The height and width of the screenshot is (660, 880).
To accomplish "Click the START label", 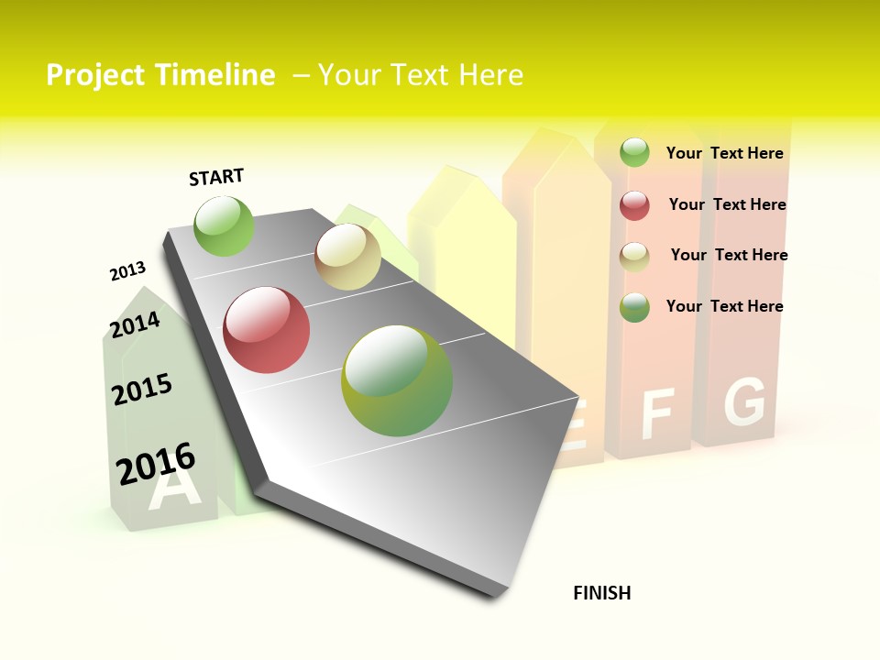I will [x=216, y=177].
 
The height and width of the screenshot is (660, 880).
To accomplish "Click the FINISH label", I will [x=602, y=593].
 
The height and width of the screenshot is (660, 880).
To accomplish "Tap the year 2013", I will [x=127, y=271].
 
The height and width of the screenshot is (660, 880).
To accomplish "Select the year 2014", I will [x=135, y=324].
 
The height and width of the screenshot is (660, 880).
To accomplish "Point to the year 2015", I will [x=142, y=390].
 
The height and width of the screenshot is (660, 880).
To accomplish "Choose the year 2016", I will [x=156, y=463].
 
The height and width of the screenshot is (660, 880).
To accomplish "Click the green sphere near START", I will [x=224, y=225].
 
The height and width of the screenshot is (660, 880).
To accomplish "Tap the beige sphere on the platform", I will [x=347, y=257].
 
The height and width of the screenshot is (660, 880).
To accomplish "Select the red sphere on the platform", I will [x=267, y=330].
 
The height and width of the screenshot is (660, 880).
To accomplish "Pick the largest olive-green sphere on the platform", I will [x=397, y=380].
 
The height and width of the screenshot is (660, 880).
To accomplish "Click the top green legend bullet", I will [x=634, y=152].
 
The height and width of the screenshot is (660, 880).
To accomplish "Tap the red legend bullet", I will [x=634, y=205].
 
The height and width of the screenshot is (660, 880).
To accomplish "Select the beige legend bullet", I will [x=634, y=257].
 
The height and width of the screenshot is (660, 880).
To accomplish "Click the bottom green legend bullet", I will [x=634, y=307].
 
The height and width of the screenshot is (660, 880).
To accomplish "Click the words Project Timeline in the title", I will [x=160, y=75].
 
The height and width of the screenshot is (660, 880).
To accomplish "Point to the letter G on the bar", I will [x=743, y=402].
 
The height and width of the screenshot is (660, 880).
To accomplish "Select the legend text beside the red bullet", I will [x=727, y=204].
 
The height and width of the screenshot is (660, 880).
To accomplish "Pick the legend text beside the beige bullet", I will [x=729, y=255].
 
